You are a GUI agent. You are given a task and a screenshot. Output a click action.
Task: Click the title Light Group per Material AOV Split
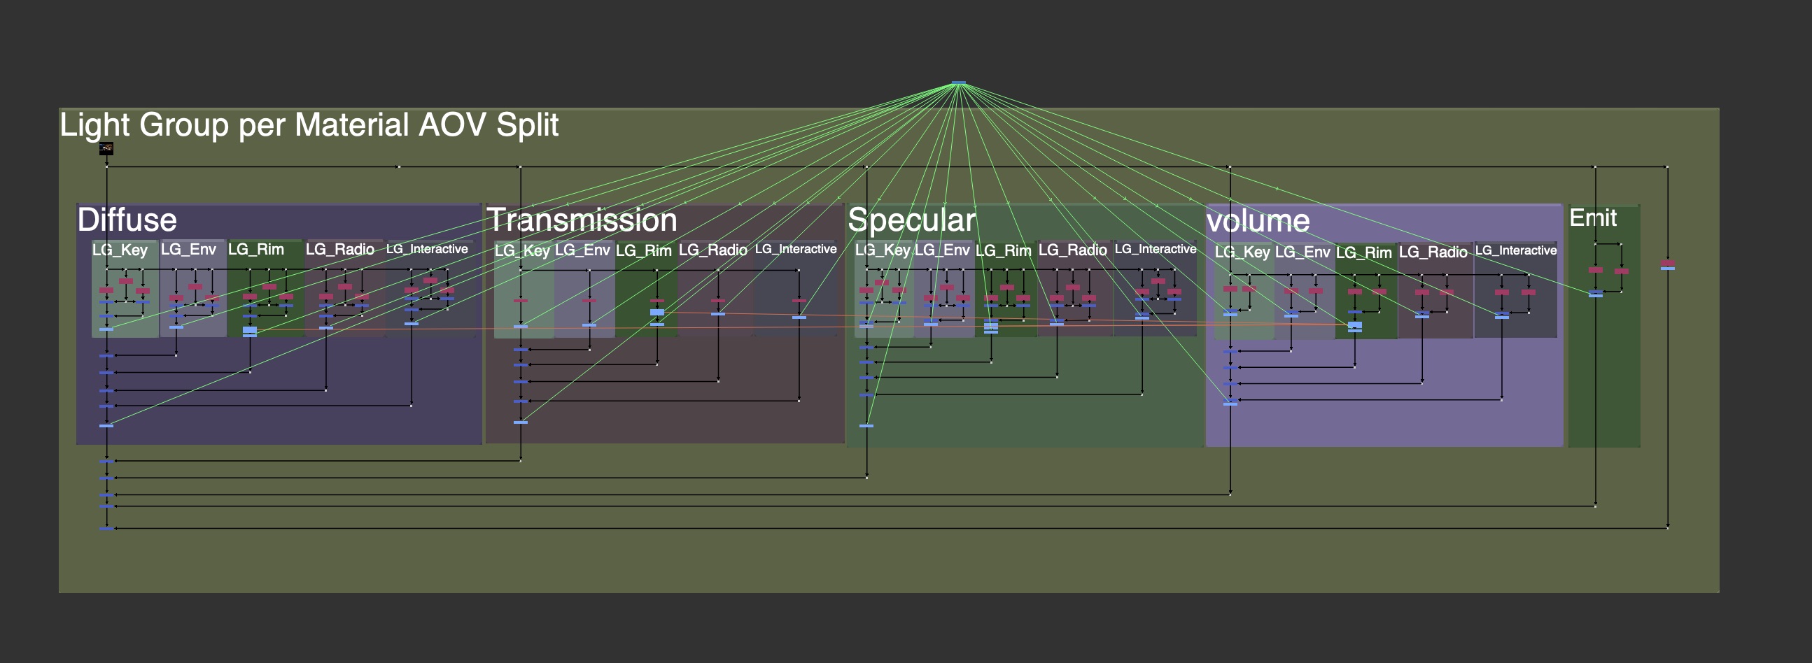coord(309,125)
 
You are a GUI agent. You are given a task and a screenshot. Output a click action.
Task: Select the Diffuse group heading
coord(127,220)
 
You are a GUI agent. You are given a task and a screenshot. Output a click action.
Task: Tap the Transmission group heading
coord(582,220)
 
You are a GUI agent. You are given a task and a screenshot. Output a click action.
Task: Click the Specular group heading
coord(912,220)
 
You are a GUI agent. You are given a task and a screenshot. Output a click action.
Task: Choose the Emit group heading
coord(1592,218)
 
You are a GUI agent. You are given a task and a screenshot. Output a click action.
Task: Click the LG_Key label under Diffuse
coord(120,250)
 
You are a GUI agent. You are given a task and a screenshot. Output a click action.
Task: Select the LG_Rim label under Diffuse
coord(255,250)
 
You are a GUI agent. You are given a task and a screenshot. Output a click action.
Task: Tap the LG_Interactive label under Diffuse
coord(426,249)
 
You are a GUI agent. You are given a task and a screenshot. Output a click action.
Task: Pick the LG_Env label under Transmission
coord(582,250)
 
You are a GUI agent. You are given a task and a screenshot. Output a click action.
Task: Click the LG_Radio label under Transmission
coord(712,250)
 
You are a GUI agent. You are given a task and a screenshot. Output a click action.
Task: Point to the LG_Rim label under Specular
coord(1003,251)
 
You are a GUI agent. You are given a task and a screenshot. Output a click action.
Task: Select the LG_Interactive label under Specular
coord(1155,249)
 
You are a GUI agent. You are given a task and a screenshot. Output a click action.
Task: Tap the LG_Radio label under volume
coord(1433,252)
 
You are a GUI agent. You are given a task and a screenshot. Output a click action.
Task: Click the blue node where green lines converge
coord(958,83)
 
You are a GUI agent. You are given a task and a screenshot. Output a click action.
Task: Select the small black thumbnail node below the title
coord(106,148)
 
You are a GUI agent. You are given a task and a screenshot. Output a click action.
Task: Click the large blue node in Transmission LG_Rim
coord(657,312)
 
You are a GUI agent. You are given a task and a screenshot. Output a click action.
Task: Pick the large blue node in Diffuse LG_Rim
coord(250,329)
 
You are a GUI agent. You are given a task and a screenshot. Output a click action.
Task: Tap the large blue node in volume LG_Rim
coord(1355,325)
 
